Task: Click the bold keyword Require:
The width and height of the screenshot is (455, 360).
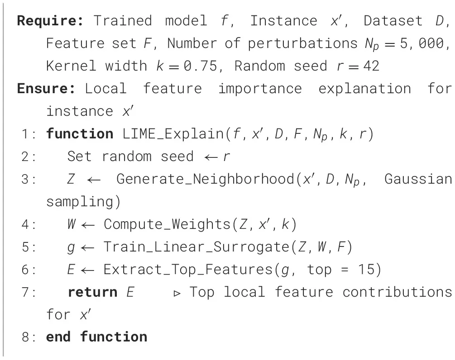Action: [50, 21]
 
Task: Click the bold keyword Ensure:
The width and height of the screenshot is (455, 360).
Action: [46, 89]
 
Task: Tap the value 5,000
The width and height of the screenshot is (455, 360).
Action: [421, 43]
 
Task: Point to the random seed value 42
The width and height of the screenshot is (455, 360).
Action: [371, 66]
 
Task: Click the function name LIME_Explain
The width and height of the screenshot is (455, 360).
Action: [173, 134]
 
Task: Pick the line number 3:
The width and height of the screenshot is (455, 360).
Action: [29, 179]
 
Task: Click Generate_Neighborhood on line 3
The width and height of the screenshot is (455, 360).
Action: [206, 179]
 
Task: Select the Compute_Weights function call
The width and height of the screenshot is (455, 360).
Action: [167, 224]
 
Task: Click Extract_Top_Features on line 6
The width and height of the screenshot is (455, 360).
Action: [188, 270]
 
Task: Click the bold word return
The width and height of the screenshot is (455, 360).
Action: [92, 292]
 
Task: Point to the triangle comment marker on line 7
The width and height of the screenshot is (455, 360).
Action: [177, 294]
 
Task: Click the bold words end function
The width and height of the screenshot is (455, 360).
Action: [96, 337]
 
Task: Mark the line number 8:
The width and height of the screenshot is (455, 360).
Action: [29, 337]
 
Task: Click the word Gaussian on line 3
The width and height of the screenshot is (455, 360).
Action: [418, 179]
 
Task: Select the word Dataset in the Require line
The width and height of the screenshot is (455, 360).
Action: [393, 21]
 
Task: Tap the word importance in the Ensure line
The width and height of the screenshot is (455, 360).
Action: [260, 89]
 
